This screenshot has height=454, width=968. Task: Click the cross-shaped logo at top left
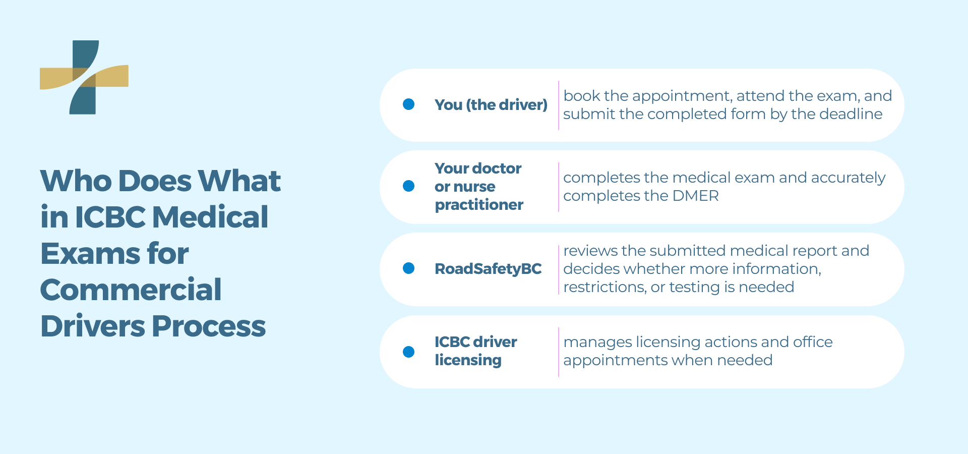[x=84, y=77]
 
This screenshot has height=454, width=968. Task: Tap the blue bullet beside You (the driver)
[x=409, y=104]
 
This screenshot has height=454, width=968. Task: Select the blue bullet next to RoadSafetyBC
[x=409, y=268]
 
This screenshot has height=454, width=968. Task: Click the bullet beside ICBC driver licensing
[x=409, y=352]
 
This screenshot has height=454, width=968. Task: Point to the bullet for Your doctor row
[x=409, y=186]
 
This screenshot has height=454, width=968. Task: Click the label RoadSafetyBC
[x=488, y=269]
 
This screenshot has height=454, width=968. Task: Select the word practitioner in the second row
[x=479, y=205]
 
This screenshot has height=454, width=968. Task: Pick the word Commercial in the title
[x=131, y=290]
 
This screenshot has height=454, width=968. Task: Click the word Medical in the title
[x=210, y=217]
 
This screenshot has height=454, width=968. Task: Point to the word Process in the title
[x=209, y=326]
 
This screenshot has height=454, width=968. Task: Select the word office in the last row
[x=813, y=342]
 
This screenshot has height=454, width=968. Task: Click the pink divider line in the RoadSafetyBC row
[x=559, y=269]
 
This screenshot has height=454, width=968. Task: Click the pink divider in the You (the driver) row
[x=559, y=105]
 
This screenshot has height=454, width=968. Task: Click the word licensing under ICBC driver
[x=468, y=360]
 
